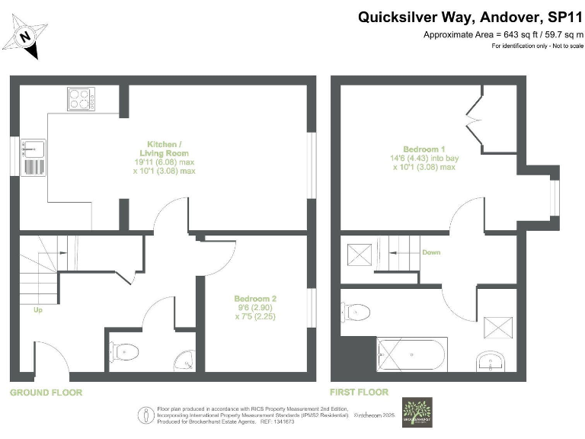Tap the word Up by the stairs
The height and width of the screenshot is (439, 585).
[37, 310]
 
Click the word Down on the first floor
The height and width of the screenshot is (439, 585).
[430, 252]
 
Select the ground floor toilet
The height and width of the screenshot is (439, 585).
[125, 352]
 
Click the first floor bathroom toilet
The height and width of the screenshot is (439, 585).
[356, 312]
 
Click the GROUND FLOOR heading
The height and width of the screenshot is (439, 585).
[46, 393]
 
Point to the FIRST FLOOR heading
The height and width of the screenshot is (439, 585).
[359, 393]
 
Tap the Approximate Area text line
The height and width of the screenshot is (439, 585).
[503, 35]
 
